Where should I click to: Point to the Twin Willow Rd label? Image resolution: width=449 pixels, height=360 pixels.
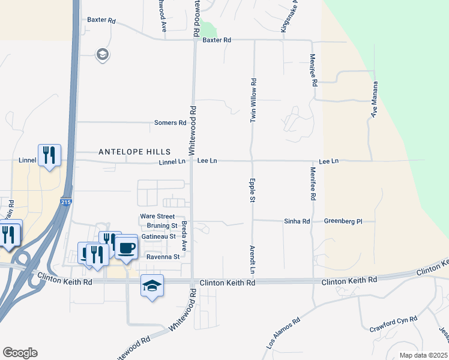pos(253,101)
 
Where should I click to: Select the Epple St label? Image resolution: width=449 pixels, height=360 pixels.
pos(253,190)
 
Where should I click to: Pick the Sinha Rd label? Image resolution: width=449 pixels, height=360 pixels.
pos(297,221)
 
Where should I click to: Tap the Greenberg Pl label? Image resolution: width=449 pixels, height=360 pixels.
pos(343,221)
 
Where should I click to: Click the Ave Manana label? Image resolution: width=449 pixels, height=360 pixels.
pos(374,99)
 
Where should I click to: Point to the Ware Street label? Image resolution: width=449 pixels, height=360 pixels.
pos(157,216)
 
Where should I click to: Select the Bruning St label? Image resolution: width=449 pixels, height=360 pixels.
pos(162,226)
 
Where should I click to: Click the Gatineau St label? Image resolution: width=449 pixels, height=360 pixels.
pos(158,236)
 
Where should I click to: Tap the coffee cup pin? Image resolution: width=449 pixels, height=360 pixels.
pos(126,247)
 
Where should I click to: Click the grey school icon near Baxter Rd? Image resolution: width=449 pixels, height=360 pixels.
pos(102,55)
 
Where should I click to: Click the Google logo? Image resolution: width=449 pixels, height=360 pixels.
pos(20,353)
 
